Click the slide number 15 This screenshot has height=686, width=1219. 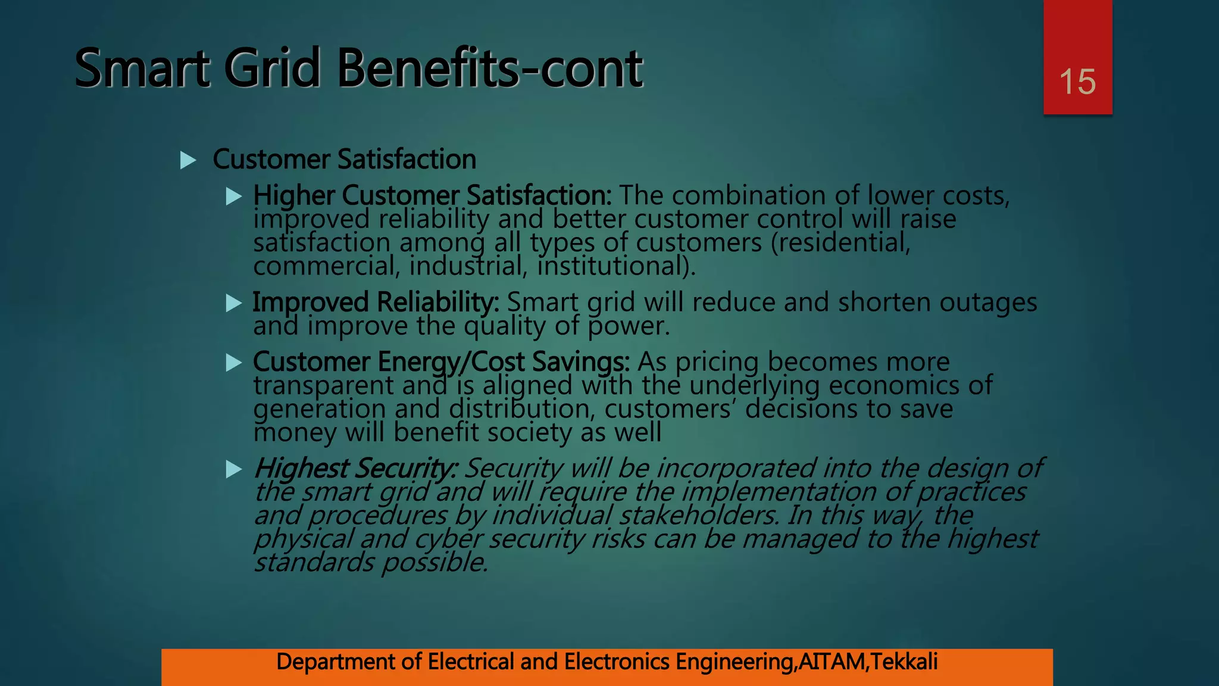(1077, 82)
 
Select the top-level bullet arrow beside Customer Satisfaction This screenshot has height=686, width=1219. (188, 160)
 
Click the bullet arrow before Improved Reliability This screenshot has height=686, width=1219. (234, 303)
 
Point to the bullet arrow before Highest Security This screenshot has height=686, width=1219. (234, 469)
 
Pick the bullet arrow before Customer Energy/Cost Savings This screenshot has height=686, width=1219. (234, 363)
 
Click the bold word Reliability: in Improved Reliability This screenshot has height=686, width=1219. (438, 303)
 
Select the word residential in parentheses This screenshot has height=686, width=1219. (840, 243)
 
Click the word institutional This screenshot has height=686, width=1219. (613, 266)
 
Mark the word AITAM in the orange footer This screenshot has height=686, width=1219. (832, 662)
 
